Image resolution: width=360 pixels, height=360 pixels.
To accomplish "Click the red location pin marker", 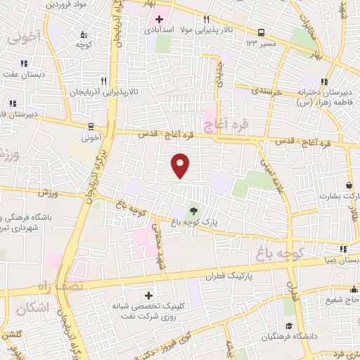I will (181, 165).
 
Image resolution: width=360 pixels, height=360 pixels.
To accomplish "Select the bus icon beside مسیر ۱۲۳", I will (262, 32).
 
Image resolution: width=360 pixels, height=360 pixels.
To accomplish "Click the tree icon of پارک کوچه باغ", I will (193, 210).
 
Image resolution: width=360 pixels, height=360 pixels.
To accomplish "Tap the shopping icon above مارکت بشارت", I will (349, 185).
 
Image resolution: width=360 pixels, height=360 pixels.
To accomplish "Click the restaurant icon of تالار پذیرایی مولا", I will (205, 19).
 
